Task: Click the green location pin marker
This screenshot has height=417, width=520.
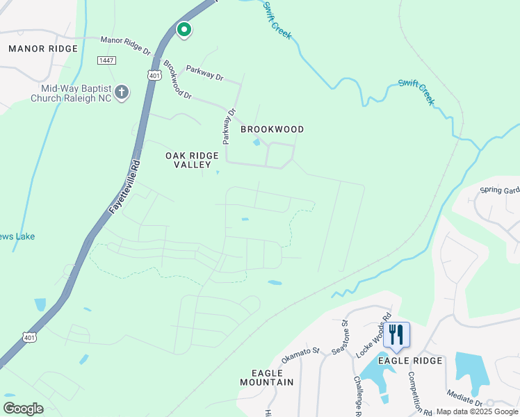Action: [x=184, y=29]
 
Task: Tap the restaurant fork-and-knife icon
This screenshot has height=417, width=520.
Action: [x=396, y=334]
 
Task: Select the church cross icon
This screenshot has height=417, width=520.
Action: [x=121, y=92]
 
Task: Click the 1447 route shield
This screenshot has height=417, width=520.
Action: [x=106, y=61]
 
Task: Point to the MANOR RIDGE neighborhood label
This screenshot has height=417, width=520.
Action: [x=43, y=48]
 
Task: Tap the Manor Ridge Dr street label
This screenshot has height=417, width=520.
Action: [x=125, y=46]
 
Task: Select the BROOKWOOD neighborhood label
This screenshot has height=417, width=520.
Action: [x=273, y=129]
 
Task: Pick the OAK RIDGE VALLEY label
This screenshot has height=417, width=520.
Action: [x=188, y=160]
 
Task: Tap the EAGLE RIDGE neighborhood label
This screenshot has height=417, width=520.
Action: [x=410, y=361]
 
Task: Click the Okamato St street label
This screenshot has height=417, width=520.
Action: [x=300, y=356]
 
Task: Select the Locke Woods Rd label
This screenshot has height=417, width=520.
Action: [x=373, y=333]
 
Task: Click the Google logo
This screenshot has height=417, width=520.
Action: [x=23, y=408]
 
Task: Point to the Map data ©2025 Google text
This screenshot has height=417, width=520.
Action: [x=477, y=411]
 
